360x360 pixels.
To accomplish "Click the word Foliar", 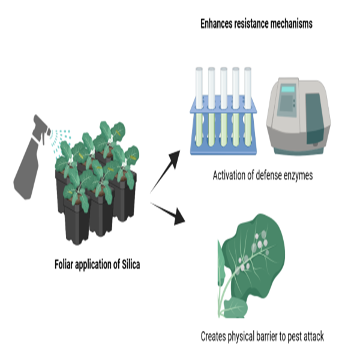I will [x=65, y=264].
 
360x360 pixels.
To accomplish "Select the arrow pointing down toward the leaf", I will [x=169, y=213].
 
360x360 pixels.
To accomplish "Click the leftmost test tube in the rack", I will [x=199, y=108].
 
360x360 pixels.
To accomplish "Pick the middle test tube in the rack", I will [x=223, y=108].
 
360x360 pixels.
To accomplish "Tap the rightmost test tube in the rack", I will [x=247, y=108].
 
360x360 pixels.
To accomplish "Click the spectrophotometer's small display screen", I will [x=289, y=89].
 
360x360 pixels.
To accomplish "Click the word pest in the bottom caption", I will [x=295, y=336].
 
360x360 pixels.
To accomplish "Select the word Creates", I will [x=215, y=336].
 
